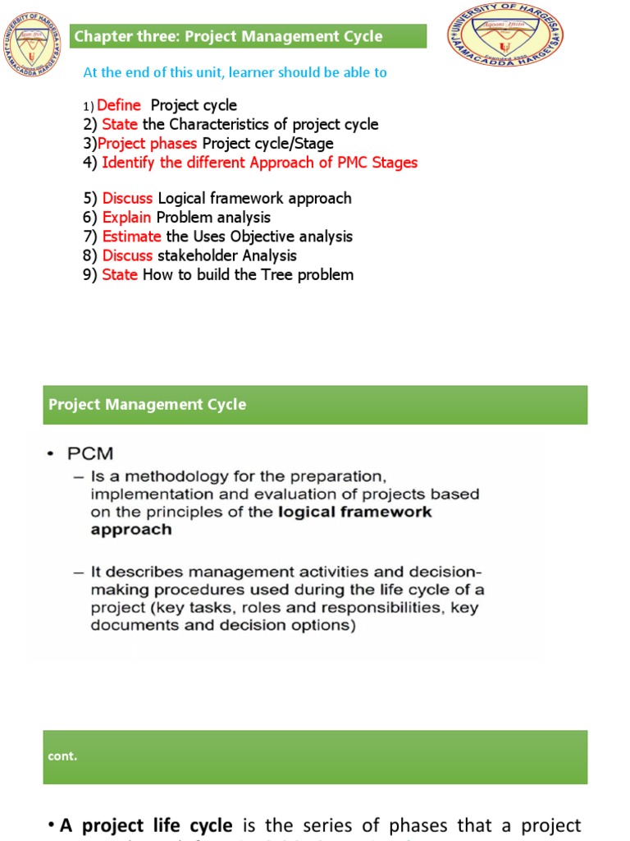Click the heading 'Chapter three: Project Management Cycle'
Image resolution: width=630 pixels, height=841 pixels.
[x=228, y=36]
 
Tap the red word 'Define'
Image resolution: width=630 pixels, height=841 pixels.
[x=119, y=105]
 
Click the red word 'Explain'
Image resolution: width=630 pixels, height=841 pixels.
[x=126, y=218]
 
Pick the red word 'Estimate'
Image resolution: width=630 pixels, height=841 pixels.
[x=131, y=237]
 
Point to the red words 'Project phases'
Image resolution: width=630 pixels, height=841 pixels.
[x=148, y=144]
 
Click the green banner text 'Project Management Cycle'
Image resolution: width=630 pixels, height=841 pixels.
[x=147, y=405]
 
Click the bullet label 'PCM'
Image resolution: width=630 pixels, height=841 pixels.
[x=92, y=453]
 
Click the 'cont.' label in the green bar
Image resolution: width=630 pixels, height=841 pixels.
[x=62, y=756]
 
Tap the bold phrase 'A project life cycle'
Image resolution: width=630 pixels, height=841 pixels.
[x=146, y=825]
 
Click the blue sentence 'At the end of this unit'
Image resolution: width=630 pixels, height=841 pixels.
[x=235, y=72]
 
